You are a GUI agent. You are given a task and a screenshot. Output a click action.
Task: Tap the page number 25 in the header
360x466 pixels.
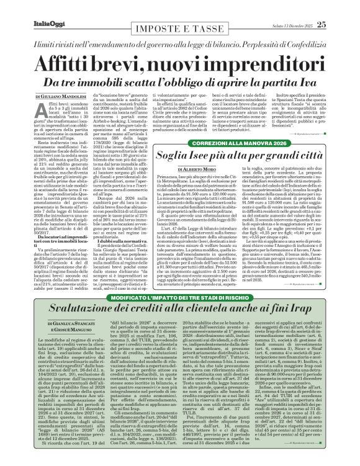[x=322, y=24]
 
